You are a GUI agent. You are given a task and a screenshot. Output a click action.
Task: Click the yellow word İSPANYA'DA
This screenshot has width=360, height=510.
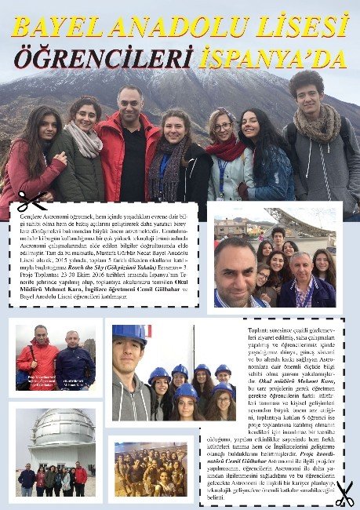click(x=272, y=59)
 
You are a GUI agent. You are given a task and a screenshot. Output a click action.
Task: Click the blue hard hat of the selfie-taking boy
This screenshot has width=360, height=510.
click(x=129, y=332)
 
